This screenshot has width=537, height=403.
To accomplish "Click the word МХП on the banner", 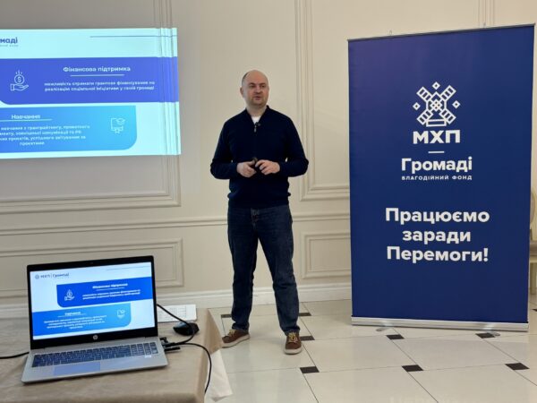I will pyautogui.click(x=437, y=137).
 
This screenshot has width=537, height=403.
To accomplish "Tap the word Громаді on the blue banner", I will pyautogui.click(x=437, y=165).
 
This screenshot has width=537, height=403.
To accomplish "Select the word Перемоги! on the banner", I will pyautogui.click(x=437, y=253).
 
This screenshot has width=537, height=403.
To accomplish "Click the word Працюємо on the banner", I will pyautogui.click(x=437, y=215).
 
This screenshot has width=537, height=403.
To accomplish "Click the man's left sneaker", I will pyautogui.click(x=294, y=343).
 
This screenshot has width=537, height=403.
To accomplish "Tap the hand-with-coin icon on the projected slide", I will pyautogui.click(x=19, y=81).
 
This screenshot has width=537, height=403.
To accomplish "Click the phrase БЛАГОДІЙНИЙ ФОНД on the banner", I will pyautogui.click(x=437, y=177).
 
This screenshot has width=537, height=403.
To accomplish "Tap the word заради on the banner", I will pyautogui.click(x=439, y=235).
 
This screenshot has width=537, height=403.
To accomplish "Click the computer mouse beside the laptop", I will pyautogui.click(x=186, y=329).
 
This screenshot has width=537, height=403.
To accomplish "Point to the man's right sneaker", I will pyautogui.click(x=235, y=337).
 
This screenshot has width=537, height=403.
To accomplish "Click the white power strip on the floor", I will pyautogui.click(x=177, y=312).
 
